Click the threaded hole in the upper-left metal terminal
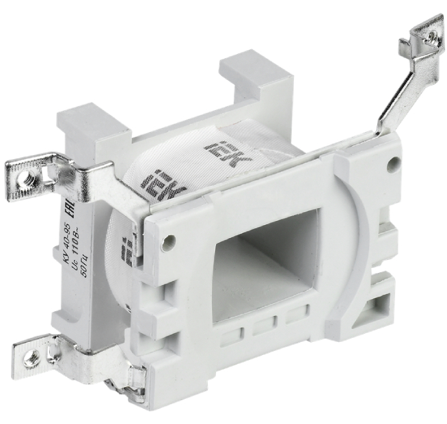(x=27, y=178)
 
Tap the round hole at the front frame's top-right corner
(x=394, y=164)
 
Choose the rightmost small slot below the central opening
(x=295, y=315)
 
